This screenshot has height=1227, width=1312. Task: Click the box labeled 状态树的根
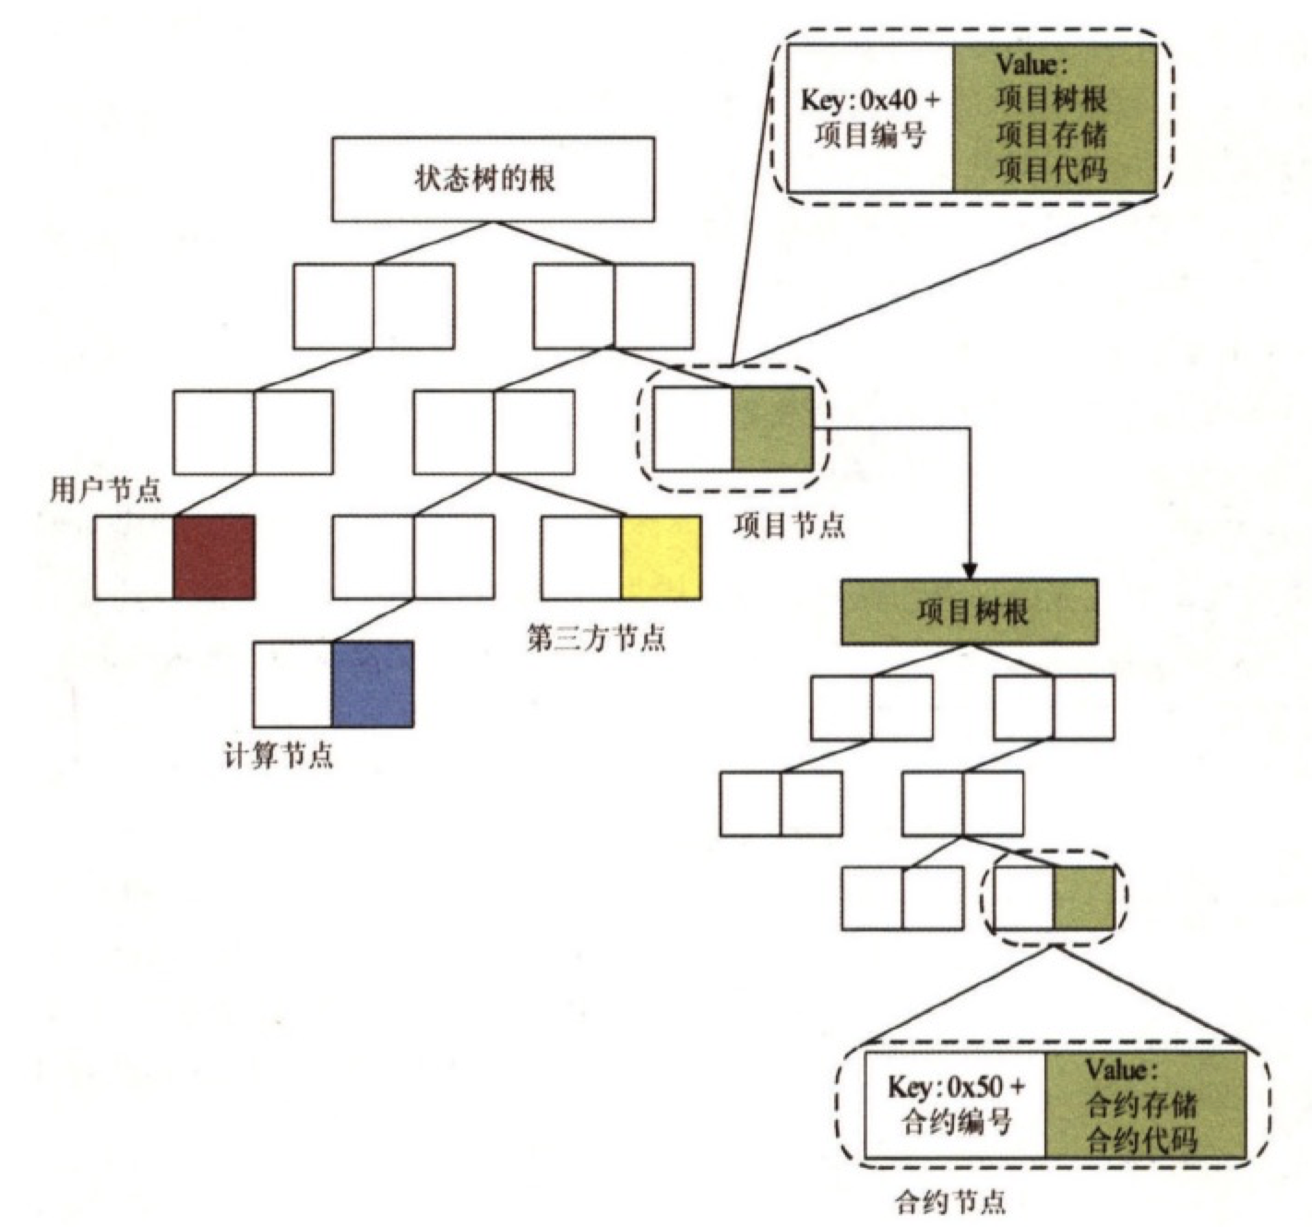pos(493,179)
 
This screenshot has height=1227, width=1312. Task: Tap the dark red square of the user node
pos(214,557)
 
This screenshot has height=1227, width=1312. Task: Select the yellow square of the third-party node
pos(661,558)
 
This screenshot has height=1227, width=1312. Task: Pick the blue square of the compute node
pos(372,685)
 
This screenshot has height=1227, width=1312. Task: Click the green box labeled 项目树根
pos(970,612)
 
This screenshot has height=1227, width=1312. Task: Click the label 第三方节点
pos(596,637)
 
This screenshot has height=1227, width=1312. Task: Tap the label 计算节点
pos(279,756)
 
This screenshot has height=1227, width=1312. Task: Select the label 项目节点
pos(789,525)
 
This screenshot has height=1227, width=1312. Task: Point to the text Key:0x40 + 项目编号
pos(870,117)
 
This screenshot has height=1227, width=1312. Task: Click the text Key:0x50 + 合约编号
pos(956,1104)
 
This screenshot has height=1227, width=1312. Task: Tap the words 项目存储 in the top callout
pos(1052,135)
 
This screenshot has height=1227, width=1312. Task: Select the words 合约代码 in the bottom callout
pos(1142,1140)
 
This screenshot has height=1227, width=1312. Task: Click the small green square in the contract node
pos(1083,898)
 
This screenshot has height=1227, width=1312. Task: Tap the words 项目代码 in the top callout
pos(1052,170)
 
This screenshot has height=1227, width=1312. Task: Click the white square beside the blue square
pos(292,685)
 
